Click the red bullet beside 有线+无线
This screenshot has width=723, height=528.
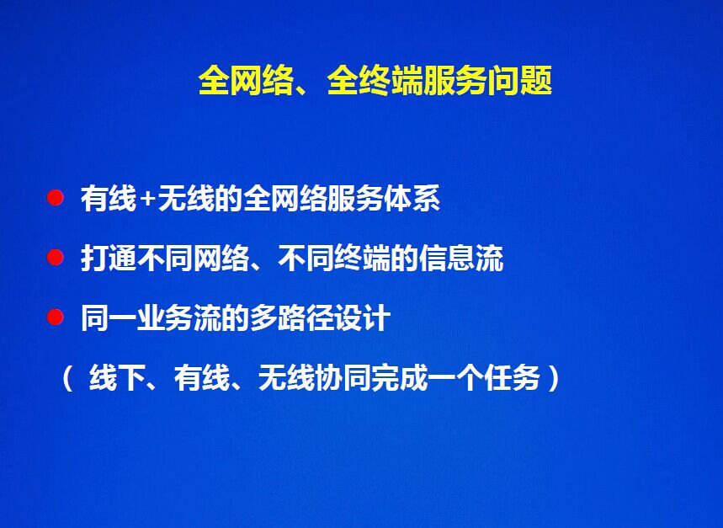pos(55,198)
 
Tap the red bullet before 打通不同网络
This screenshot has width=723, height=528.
pos(55,258)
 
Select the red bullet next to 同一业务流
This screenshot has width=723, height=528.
pos(55,317)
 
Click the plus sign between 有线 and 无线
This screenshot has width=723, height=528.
pos(147,200)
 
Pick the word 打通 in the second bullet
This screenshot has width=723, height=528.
pos(109,259)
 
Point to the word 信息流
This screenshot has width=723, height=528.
pos(460,259)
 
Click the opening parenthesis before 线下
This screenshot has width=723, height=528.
pos(68,378)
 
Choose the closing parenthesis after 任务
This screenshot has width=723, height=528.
pos(553,378)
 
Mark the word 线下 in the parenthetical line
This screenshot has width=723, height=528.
pos(117,378)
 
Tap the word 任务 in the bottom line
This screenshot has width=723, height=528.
pos(513,378)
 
